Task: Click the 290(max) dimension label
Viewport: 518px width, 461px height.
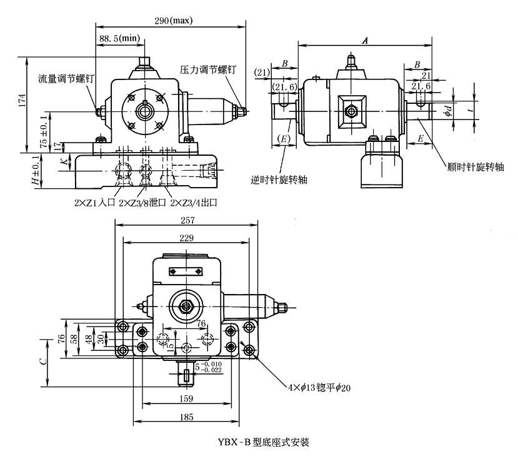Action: tap(174, 21)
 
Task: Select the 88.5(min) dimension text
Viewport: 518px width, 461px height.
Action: tap(119, 38)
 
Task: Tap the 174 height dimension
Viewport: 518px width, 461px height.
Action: tap(22, 101)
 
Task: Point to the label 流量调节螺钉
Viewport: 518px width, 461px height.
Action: tap(66, 79)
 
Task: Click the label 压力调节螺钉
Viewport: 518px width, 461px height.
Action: tap(208, 70)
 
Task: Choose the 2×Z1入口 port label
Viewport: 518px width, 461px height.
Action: tap(95, 203)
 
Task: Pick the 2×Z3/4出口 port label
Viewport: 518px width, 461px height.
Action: tap(194, 203)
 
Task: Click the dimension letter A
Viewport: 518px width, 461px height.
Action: tap(365, 41)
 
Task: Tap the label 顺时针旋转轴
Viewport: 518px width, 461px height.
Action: tap(476, 167)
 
